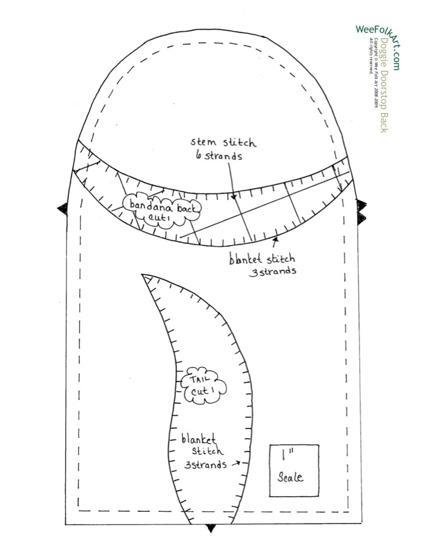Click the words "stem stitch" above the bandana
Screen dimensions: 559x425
[223, 141]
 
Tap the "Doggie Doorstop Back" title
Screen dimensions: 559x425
[382, 85]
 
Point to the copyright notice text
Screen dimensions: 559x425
[371, 73]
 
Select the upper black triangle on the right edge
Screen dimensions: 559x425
[362, 204]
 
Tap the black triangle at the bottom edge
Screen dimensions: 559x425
[212, 528]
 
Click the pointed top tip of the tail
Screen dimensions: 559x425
[143, 275]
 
